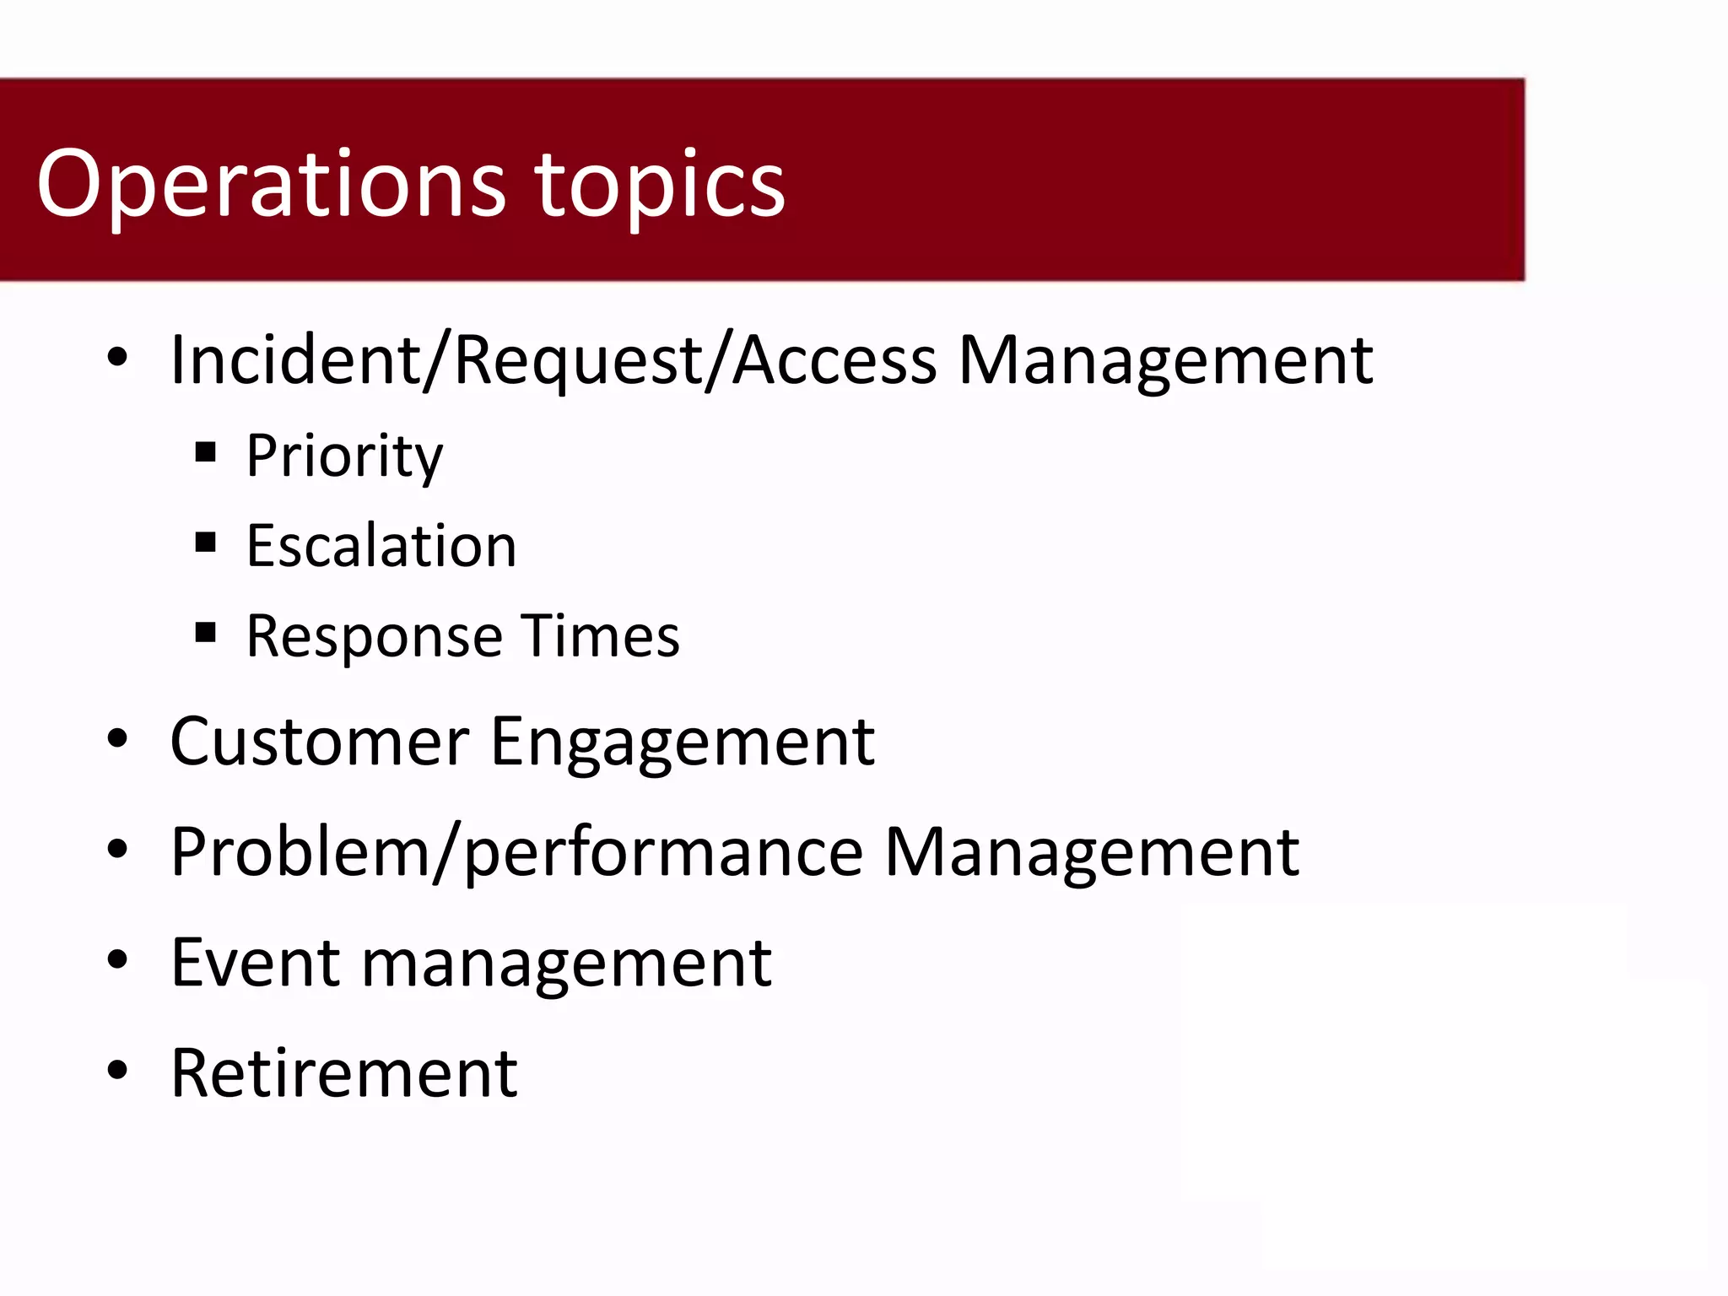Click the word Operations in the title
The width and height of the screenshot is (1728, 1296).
click(270, 184)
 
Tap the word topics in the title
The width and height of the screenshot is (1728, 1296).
click(660, 184)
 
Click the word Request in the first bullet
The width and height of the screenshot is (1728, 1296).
click(579, 361)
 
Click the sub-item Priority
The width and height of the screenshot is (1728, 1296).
click(344, 456)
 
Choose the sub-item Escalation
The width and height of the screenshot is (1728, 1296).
click(381, 546)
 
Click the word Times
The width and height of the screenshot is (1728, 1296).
click(599, 636)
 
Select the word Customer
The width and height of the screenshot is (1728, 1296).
click(319, 742)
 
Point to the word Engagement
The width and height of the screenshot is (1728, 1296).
click(682, 742)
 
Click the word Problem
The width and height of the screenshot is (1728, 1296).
click(300, 852)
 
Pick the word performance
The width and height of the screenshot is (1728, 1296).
click(663, 852)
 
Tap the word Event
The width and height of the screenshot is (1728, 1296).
click(255, 963)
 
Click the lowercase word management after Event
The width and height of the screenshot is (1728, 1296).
click(565, 963)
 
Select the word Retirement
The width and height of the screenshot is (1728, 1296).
click(343, 1073)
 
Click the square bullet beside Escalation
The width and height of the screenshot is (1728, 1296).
click(205, 542)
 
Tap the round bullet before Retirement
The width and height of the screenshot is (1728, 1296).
click(117, 1070)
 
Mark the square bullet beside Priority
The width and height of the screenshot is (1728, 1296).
click(205, 452)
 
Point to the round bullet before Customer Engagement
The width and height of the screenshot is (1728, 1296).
click(117, 739)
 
